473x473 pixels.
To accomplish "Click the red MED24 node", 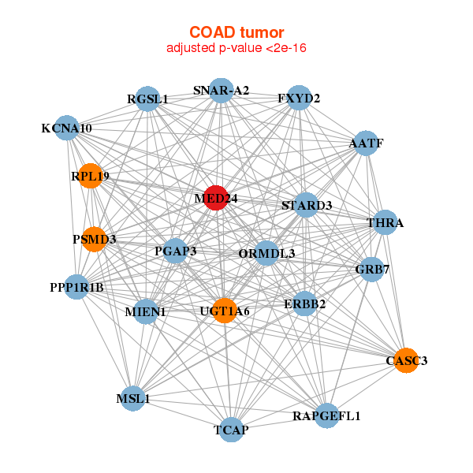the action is (216, 198).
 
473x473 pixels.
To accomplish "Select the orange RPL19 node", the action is (91, 176).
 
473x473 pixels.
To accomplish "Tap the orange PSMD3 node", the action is (94, 239).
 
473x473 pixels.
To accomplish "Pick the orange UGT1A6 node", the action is (225, 311).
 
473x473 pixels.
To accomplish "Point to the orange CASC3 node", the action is (406, 360).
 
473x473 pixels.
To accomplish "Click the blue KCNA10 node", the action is (67, 128).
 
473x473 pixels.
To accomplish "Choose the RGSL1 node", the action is (147, 99).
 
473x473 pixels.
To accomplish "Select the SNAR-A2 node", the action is (221, 91).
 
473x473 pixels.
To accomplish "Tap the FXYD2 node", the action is (299, 98).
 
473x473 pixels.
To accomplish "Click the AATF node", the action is (367, 143).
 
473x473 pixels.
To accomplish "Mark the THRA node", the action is (385, 222).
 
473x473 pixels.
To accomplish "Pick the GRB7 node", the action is (372, 270).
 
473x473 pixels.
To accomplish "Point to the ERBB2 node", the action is (304, 304).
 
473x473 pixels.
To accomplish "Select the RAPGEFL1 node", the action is (326, 415).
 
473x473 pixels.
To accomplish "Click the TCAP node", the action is (231, 430).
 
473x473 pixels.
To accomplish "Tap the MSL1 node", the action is (133, 398).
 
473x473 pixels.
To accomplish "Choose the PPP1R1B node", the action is (77, 287).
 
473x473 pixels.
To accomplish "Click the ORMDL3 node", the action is (266, 253).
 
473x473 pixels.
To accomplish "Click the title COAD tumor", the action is (236, 32).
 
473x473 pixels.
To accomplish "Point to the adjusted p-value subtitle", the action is (236, 48).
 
